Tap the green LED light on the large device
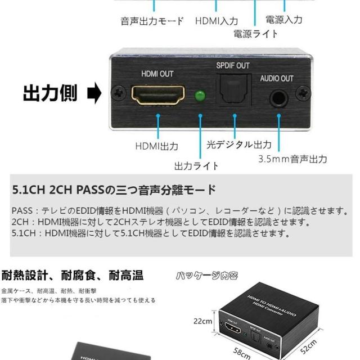tap(199, 96)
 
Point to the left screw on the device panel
tap(118, 91)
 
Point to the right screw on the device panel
tap(303, 91)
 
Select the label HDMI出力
tap(157, 146)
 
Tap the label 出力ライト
tap(196, 166)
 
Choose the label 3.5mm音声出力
tap(292, 159)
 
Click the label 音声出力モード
tap(152, 21)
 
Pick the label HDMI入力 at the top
tap(217, 21)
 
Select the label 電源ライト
tap(256, 34)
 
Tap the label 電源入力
tap(283, 20)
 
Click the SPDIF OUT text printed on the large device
tap(233, 65)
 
